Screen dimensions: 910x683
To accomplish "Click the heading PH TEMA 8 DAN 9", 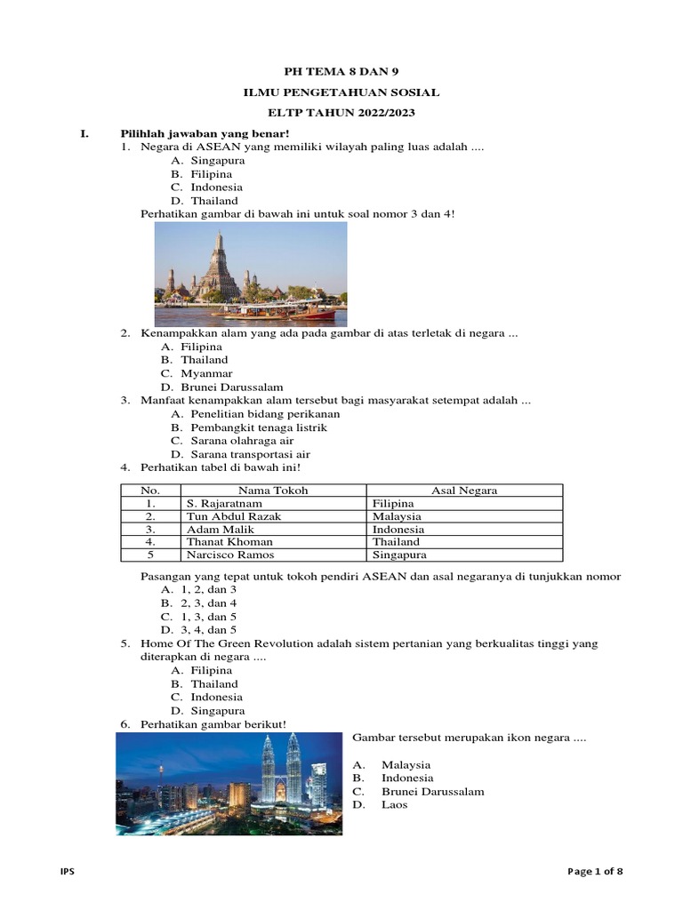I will (x=341, y=71).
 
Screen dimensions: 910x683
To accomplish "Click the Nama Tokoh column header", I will (x=273, y=490).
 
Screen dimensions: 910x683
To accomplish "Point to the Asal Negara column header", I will (x=464, y=490).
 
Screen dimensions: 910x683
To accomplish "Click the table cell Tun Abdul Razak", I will (x=228, y=515).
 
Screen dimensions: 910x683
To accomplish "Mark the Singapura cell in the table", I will (x=399, y=555).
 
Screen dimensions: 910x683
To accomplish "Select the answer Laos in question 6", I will (x=395, y=805).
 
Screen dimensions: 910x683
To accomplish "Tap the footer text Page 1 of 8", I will (x=596, y=872).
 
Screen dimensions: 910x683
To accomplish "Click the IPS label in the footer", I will (x=67, y=872).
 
